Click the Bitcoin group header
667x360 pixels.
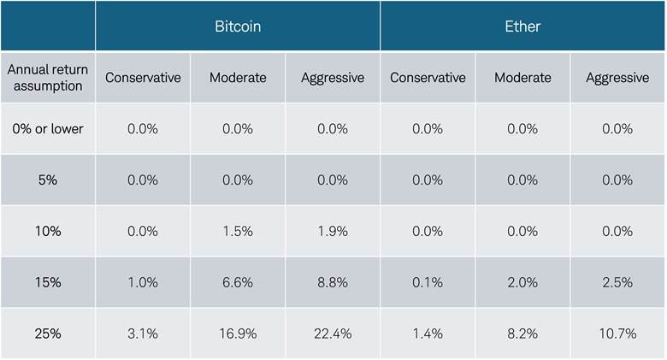[238, 27]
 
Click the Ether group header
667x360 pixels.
[522, 27]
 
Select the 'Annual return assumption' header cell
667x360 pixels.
[48, 78]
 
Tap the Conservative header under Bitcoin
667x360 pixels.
[143, 78]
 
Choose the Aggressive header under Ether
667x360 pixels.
[617, 78]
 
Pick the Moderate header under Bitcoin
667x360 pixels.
[238, 78]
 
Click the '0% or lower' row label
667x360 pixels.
[48, 129]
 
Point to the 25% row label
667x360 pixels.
[48, 333]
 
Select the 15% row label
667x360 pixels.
[48, 282]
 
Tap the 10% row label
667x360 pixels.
[48, 231]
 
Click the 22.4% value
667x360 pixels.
[333, 333]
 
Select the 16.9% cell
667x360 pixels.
[238, 333]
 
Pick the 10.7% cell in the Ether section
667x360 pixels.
[617, 333]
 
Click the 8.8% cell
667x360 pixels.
[333, 282]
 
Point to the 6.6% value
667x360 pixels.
[238, 282]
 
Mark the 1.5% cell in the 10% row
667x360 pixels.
[238, 231]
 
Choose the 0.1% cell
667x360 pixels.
[428, 282]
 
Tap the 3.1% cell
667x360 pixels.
[143, 333]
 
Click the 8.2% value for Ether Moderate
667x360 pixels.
[522, 333]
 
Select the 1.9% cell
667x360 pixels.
[333, 231]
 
